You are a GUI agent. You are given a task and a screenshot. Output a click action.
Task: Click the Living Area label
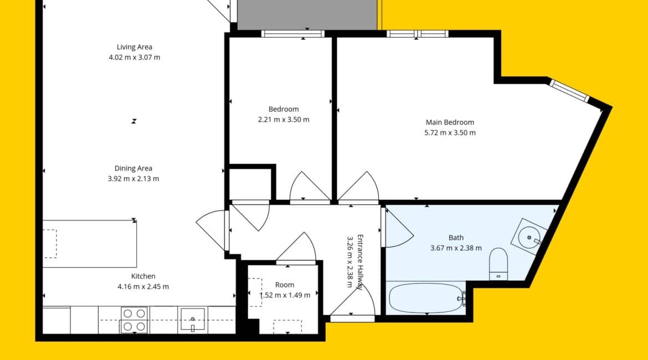pyautogui.click(x=135, y=47)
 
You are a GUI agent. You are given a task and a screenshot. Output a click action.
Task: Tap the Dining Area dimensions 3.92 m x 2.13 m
pyautogui.click(x=133, y=178)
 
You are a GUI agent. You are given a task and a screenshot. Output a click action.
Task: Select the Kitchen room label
pyautogui.click(x=143, y=276)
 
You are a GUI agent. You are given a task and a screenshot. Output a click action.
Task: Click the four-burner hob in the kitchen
pyautogui.click(x=134, y=320)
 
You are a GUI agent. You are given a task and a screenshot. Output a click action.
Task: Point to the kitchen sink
pyautogui.click(x=193, y=320)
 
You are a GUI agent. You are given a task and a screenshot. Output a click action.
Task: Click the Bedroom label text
pyautogui.click(x=284, y=109)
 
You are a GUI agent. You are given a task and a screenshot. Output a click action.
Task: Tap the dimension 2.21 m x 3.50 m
pyautogui.click(x=284, y=120)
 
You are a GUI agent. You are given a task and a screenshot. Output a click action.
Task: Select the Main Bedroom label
pyautogui.click(x=450, y=122)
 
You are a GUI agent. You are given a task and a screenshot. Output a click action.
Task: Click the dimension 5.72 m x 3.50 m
pyautogui.click(x=450, y=133)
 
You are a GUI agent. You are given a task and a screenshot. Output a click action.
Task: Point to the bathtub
pyautogui.click(x=426, y=298)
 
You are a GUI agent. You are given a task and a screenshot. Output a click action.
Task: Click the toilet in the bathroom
pyautogui.click(x=498, y=264)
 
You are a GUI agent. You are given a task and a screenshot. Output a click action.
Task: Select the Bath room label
pyautogui.click(x=456, y=238)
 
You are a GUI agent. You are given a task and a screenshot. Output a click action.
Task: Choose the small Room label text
pyautogui.click(x=285, y=285)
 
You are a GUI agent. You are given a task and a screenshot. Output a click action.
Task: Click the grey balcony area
pyautogui.click(x=307, y=14)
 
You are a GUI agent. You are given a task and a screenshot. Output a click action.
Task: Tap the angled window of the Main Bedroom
pyautogui.click(x=569, y=91)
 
